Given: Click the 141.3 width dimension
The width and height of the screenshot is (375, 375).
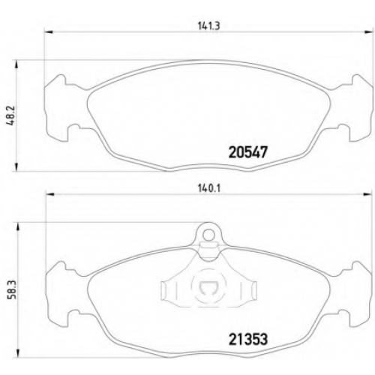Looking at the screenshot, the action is point(209,25).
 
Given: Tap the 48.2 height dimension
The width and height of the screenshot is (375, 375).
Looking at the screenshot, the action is point(12,116).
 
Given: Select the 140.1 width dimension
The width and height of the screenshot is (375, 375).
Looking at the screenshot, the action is point(209,188).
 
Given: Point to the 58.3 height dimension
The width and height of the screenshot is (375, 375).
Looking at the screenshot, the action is point(12,290).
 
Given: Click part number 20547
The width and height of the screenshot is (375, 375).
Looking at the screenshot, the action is point(248,152).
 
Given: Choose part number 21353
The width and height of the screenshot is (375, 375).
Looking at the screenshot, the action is point(248,339).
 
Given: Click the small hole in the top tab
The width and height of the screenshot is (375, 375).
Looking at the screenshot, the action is point(208,235).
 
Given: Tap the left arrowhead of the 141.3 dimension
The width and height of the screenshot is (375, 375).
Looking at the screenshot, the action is point(49,31).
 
